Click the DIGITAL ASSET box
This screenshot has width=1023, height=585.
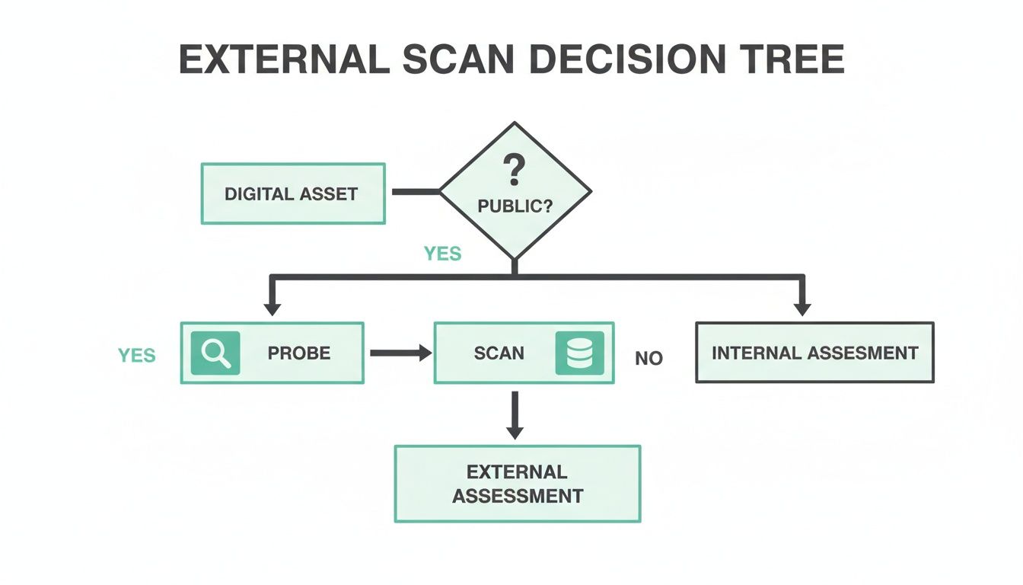pos(292,193)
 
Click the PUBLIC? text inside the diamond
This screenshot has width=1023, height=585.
pos(515,206)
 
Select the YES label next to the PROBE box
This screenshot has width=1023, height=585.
pos(137,355)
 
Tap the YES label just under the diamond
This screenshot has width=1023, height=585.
pos(442,254)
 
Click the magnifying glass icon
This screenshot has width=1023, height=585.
pos(215,353)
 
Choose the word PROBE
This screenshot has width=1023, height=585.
pos(299,353)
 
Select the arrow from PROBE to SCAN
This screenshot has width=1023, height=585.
pos(400,353)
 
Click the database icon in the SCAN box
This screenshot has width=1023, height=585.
pos(579,353)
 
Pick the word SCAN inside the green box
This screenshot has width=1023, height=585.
pos(499,353)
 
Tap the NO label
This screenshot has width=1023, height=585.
pos(649,358)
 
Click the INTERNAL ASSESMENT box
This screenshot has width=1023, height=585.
pos(814,353)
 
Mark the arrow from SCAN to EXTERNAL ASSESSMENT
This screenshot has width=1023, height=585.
pos(515,415)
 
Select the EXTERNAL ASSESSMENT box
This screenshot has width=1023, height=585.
pos(518,484)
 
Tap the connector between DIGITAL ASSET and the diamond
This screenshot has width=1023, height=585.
pos(416,192)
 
